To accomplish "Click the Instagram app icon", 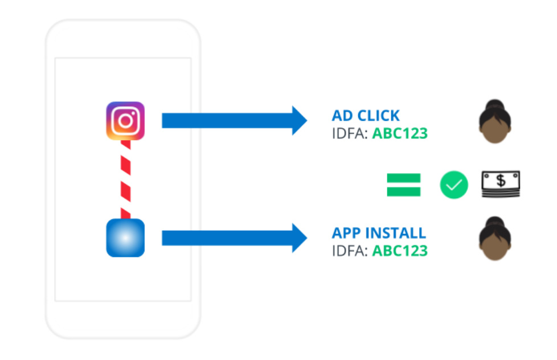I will coord(125,121).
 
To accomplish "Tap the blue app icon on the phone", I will coord(125,238).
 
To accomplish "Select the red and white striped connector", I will coord(125,179).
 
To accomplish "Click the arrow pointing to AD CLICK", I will coord(234,121).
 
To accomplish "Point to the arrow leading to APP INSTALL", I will coord(234,238).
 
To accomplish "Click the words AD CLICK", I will coord(366,116).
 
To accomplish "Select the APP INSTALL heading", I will coord(379,233).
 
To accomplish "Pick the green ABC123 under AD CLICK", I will coord(399,134).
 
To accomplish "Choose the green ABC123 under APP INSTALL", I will coord(399,251).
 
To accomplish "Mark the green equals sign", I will coord(403,185).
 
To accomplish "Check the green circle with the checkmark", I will coord(453,185).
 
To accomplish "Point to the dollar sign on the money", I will coord(501,181).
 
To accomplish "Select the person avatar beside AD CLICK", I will coord(495,122).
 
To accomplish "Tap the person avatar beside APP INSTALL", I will coord(495,239).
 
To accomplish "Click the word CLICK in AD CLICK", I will coord(376,116).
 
